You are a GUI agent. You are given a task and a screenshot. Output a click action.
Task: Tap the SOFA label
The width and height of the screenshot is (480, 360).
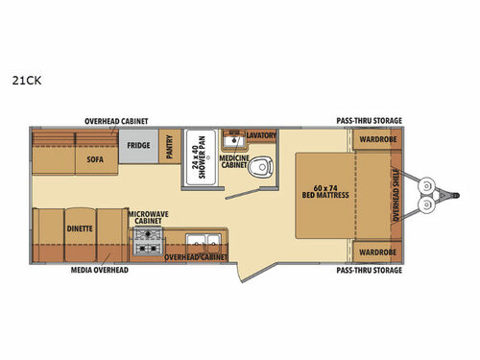tap(94, 159)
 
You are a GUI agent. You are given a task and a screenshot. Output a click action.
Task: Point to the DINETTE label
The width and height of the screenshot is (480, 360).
tap(79, 228)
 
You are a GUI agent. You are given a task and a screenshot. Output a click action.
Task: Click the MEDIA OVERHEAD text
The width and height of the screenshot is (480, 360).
tap(100, 270)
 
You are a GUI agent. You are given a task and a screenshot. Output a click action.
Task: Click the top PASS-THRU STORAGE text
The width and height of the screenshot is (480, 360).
tap(370, 121)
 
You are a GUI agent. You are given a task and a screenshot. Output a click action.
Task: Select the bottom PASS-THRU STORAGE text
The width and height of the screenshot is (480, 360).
tap(370, 271)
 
